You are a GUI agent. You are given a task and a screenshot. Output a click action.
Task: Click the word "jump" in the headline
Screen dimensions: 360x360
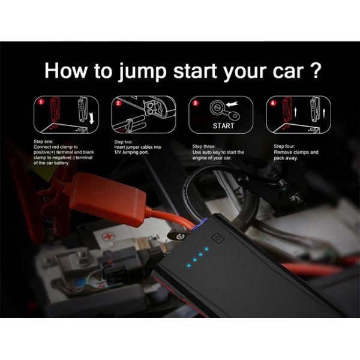click(x=142, y=71)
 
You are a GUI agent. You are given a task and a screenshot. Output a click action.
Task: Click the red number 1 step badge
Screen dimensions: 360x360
click(x=41, y=102)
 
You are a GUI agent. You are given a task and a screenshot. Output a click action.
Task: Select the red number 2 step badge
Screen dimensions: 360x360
click(x=118, y=103)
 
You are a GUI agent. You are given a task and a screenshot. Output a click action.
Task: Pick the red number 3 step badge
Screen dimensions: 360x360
click(x=196, y=103)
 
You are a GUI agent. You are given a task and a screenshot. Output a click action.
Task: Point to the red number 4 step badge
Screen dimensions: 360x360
click(x=273, y=103)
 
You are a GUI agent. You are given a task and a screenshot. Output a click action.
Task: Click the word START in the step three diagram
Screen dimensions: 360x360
click(x=223, y=126)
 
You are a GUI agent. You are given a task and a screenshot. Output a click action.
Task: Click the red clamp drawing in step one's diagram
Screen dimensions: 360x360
click(x=55, y=109)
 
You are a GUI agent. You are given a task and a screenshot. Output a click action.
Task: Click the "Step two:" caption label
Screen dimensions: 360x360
click(x=123, y=142)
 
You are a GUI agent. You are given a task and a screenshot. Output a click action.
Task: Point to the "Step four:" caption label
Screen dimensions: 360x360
click(x=284, y=146)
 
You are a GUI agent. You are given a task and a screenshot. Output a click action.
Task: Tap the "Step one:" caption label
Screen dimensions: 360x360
click(x=43, y=142)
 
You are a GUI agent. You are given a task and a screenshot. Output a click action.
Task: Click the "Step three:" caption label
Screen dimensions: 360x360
click(x=203, y=146)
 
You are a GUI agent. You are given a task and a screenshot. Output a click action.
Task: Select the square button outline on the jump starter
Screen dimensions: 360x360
click(x=217, y=238)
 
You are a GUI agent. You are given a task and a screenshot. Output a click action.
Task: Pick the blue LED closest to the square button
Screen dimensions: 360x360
click(x=206, y=248)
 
